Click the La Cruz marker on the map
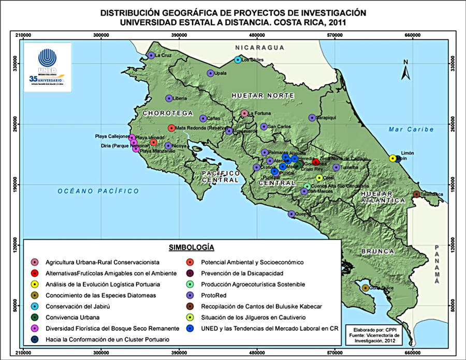[x=151, y=55]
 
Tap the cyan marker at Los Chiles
[x=238, y=59]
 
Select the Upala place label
[x=221, y=73]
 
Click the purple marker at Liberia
[x=169, y=98]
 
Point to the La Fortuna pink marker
[x=244, y=113]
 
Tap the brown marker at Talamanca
[x=417, y=194]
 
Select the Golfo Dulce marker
[x=366, y=288]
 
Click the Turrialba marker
[x=336, y=168]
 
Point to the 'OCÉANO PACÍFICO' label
[x=98, y=191]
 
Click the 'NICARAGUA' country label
[x=260, y=48]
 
